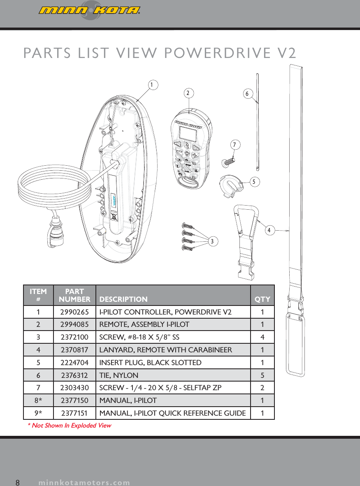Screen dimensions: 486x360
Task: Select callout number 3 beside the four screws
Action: [x=212, y=241]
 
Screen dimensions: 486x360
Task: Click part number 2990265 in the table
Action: [x=74, y=312]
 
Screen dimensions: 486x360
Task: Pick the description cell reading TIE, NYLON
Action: [x=119, y=375]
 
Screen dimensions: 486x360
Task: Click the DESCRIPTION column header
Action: [x=123, y=299]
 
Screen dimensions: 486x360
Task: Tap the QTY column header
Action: [x=262, y=299]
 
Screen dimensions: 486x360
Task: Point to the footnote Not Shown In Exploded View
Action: [x=69, y=425]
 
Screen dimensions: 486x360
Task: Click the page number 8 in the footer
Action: [x=18, y=482]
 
